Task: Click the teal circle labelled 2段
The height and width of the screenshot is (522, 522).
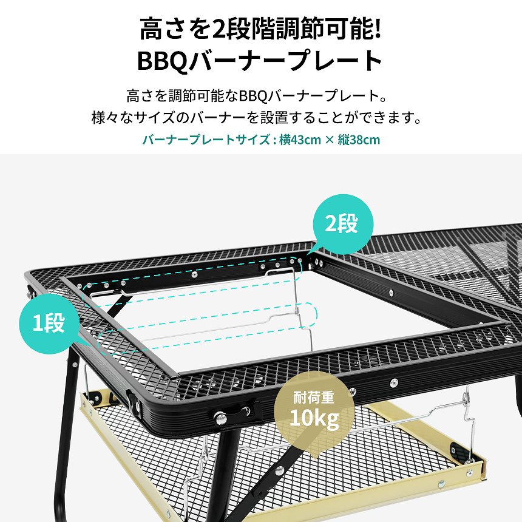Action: click(x=342, y=224)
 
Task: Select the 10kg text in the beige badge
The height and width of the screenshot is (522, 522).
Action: click(x=315, y=419)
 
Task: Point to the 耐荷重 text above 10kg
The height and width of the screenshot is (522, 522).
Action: click(x=315, y=398)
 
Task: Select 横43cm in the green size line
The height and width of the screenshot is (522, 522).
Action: click(x=300, y=140)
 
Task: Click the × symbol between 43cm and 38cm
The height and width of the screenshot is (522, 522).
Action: click(x=329, y=140)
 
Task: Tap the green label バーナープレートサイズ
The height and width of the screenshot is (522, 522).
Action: click(x=205, y=140)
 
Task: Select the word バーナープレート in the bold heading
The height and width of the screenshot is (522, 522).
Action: click(x=285, y=61)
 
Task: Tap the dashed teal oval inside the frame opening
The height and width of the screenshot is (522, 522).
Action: click(x=307, y=316)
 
